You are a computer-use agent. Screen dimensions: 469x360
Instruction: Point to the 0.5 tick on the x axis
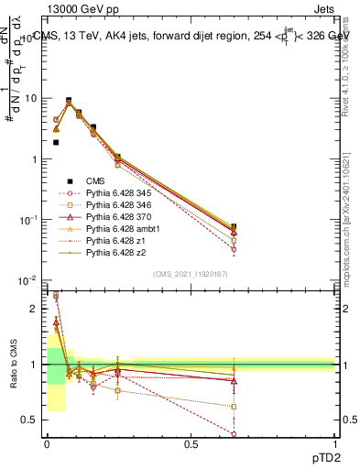190,445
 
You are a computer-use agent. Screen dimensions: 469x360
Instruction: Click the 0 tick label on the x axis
46,445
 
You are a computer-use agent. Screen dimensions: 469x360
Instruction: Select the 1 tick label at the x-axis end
334,445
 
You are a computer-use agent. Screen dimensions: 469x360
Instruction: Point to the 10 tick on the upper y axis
30,98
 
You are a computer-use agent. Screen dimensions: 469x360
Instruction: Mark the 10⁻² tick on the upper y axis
28,281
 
